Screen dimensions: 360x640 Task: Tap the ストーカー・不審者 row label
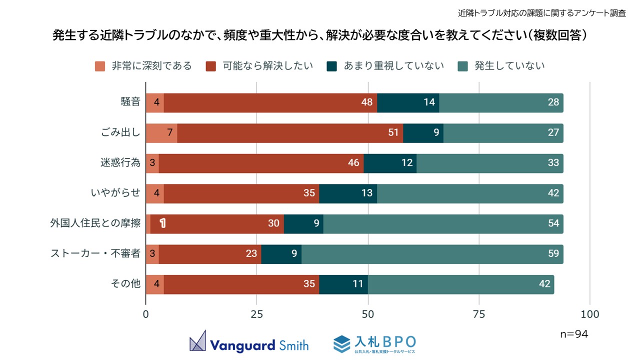tap(95, 254)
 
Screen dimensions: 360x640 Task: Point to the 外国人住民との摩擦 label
tap(95, 223)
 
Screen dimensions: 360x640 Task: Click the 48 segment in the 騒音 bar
tap(270, 103)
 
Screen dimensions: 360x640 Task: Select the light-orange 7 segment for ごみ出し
tap(161, 133)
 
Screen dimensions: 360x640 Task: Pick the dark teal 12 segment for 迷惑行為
tap(390, 163)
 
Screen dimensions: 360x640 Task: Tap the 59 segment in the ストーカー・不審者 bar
tap(432, 254)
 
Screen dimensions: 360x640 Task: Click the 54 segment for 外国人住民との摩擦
tap(443, 223)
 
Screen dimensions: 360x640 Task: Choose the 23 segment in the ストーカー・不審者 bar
tap(210, 254)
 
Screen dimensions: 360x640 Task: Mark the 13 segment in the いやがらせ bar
tap(348, 193)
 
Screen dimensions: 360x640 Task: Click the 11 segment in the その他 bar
tap(343, 284)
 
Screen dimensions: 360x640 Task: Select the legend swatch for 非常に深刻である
tap(100, 66)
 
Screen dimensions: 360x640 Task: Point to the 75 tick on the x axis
tap(479, 314)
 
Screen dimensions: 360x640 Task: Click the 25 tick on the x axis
tap(256, 314)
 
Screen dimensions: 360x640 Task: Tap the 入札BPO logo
tap(375, 343)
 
